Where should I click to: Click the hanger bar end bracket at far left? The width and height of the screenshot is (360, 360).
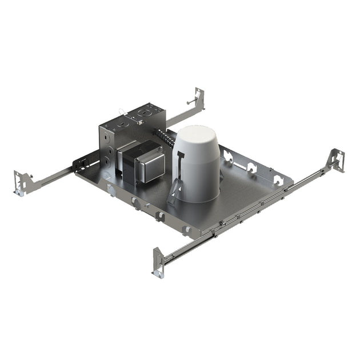(20, 182)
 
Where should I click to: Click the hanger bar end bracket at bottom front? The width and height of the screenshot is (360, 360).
(159, 262)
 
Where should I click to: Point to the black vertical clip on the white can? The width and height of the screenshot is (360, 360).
(181, 166)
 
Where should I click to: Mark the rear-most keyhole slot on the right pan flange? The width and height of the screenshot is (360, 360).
(229, 155)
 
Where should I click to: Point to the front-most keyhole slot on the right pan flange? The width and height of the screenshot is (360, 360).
(278, 181)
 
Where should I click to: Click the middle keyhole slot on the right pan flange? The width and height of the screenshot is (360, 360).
(251, 167)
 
